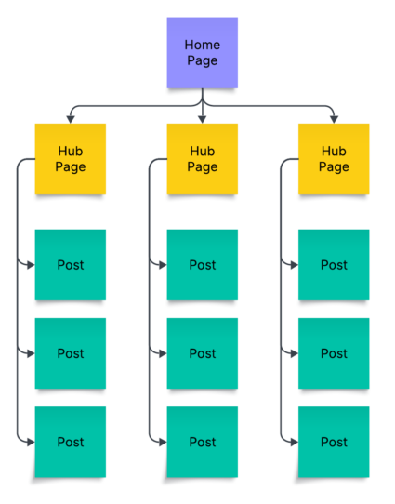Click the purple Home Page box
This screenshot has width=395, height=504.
coord(203,53)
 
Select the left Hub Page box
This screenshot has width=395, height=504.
coord(71,159)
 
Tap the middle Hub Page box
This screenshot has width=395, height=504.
coord(203,159)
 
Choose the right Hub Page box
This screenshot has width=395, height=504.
coord(334,159)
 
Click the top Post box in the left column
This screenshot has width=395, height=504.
coord(71,265)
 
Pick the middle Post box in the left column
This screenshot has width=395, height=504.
coord(71,353)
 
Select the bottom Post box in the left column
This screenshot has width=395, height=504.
coord(71,442)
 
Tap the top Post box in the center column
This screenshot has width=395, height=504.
coord(203,265)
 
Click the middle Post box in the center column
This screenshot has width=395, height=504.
coord(203,353)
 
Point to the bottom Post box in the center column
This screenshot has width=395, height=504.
coord(203,442)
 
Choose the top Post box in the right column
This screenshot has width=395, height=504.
coord(334,265)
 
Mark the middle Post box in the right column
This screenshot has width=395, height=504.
coord(334,353)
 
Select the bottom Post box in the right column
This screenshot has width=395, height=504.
coord(334,442)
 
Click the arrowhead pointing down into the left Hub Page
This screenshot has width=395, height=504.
coord(71,118)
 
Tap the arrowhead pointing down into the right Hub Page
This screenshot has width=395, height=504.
coord(334,118)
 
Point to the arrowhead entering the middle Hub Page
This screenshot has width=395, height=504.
coord(203,118)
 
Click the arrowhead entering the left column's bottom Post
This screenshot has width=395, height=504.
coord(30,442)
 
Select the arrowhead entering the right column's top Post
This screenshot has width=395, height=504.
coord(293,265)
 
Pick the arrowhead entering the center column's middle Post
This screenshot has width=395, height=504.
coord(162,353)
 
